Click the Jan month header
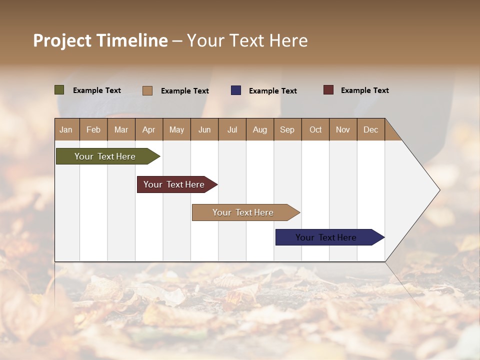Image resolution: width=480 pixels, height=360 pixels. (x=66, y=129)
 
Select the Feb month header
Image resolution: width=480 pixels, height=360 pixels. (x=93, y=129)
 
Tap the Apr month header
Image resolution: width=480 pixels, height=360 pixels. (x=148, y=129)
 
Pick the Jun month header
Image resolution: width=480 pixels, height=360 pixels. (x=204, y=129)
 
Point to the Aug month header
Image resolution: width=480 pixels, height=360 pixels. (x=259, y=129)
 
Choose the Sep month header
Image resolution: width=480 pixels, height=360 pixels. (x=287, y=129)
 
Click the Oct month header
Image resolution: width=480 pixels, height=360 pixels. (x=315, y=129)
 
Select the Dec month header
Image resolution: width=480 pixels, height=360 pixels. (x=370, y=129)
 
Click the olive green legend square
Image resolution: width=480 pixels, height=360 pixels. (x=59, y=90)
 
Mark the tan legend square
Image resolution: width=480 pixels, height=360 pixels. (x=147, y=90)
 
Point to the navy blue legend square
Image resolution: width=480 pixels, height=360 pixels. (x=236, y=90)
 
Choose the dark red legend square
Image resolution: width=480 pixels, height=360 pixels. (x=328, y=90)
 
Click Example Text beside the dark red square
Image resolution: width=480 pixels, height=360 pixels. (x=364, y=90)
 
